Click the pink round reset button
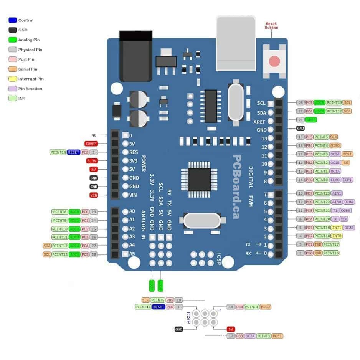(x=274, y=61)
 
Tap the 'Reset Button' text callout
(x=271, y=26)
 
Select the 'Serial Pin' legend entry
(x=27, y=69)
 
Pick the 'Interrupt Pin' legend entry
(x=30, y=79)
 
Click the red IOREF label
(x=92, y=144)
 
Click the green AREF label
(x=311, y=120)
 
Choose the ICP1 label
(x=347, y=180)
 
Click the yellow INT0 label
(x=337, y=236)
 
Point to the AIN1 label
(x=337, y=193)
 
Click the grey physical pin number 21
(x=301, y=120)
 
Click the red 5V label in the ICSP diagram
(x=231, y=329)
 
